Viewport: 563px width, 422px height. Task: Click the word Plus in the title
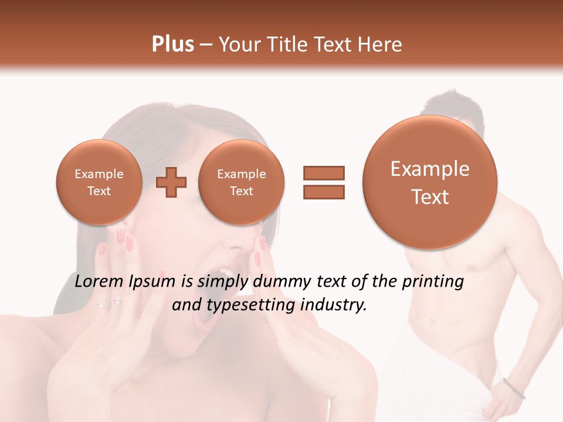pyautogui.click(x=172, y=45)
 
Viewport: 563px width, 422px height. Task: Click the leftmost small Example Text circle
pyautogui.click(x=99, y=182)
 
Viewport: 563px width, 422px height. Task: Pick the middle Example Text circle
pyautogui.click(x=241, y=182)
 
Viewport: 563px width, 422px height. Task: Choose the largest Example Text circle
pyautogui.click(x=430, y=183)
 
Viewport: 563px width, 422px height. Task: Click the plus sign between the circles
pyautogui.click(x=171, y=182)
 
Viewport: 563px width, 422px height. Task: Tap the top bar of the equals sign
pyautogui.click(x=323, y=173)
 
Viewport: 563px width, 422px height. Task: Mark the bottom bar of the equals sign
pyautogui.click(x=323, y=192)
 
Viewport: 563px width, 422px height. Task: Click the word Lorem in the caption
pyautogui.click(x=97, y=282)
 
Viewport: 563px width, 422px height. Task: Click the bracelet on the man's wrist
pyautogui.click(x=514, y=388)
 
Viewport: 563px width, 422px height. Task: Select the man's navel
pyautogui.click(x=432, y=322)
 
